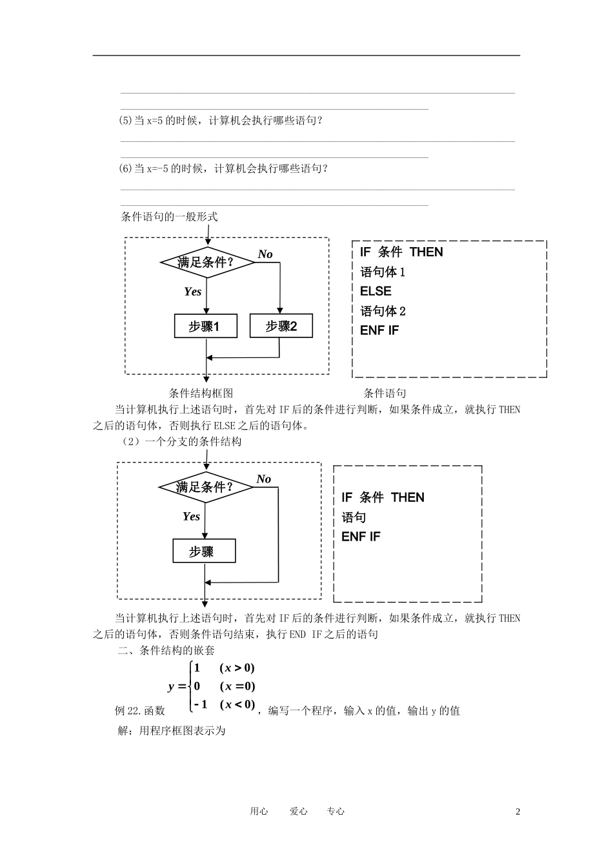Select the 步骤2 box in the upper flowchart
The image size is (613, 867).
[281, 326]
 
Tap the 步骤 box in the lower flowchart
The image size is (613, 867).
[203, 552]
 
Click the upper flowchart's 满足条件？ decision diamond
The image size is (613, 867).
[206, 262]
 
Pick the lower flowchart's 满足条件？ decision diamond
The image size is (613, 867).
[205, 487]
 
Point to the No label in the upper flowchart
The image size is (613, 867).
[265, 254]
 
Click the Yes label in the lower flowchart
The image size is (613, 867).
[191, 516]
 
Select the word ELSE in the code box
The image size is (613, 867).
[376, 291]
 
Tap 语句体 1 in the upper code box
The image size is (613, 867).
[383, 272]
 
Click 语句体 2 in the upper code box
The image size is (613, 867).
[383, 311]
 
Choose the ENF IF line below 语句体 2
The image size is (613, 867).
[379, 330]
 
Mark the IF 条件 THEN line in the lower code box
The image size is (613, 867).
[383, 497]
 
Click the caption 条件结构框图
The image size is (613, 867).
[201, 393]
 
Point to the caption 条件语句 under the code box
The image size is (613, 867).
[385, 393]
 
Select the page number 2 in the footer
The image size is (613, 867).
[518, 812]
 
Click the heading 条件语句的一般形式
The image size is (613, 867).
[170, 217]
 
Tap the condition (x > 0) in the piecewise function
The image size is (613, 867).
[237, 668]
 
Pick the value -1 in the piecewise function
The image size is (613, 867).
[201, 704]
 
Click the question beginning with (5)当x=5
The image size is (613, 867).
[221, 120]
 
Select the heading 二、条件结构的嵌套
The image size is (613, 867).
[166, 650]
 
